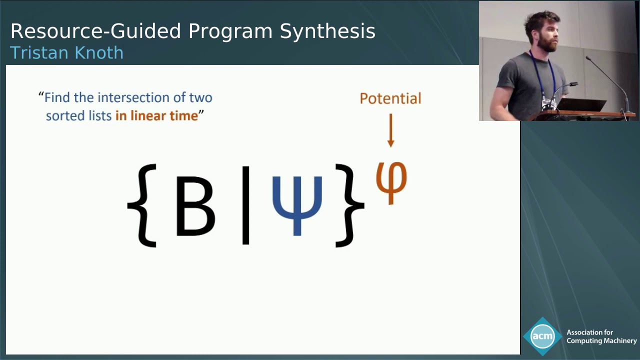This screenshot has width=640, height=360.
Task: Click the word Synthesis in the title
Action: [x=327, y=31]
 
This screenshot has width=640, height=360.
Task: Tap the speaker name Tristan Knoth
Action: [x=66, y=52]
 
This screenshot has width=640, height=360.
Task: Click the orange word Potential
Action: [x=390, y=98]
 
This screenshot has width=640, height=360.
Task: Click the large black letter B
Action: [x=195, y=206]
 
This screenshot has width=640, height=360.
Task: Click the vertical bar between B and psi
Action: [x=245, y=205]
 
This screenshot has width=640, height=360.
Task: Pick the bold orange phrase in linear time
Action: [x=156, y=115]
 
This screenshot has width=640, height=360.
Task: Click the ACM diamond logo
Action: [x=542, y=336]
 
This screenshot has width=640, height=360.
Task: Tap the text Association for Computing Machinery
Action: [x=601, y=336]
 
